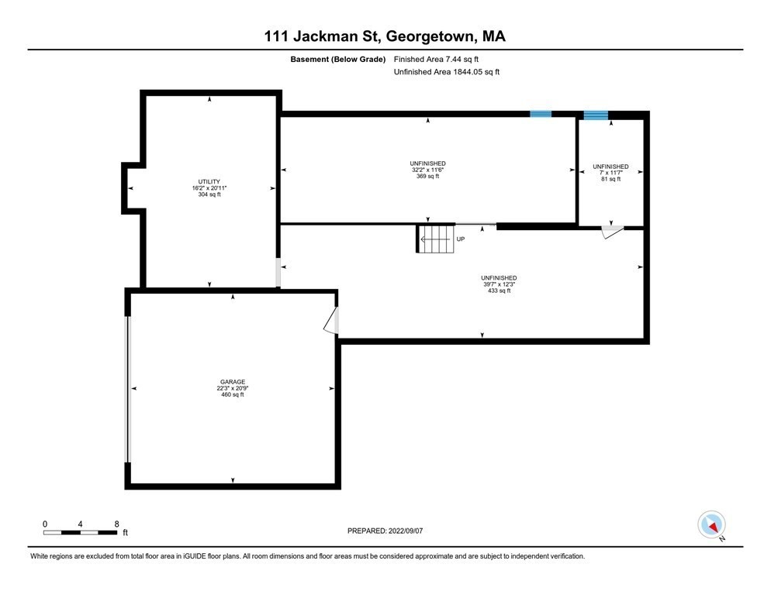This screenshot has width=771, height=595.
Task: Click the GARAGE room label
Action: [232, 382]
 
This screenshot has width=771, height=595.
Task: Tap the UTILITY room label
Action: [209, 181]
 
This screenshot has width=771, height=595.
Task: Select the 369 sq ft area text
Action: [427, 177]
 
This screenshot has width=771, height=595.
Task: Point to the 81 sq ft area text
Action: [610, 180]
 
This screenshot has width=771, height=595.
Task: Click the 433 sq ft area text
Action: [498, 291]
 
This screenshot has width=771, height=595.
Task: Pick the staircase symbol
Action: [437, 239]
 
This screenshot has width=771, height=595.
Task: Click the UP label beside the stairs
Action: [461, 239]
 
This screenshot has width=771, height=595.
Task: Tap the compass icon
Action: [711, 524]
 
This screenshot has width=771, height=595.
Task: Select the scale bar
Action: [81, 531]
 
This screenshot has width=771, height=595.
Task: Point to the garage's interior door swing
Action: [331, 321]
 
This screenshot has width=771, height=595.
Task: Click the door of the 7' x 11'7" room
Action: [613, 231]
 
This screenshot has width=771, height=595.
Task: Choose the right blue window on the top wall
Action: [596, 115]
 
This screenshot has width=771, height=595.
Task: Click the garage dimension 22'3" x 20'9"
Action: [232, 388]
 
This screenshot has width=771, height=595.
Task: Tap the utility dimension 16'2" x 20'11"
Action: [209, 188]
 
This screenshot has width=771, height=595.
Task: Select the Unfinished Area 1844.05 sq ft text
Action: [447, 72]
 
